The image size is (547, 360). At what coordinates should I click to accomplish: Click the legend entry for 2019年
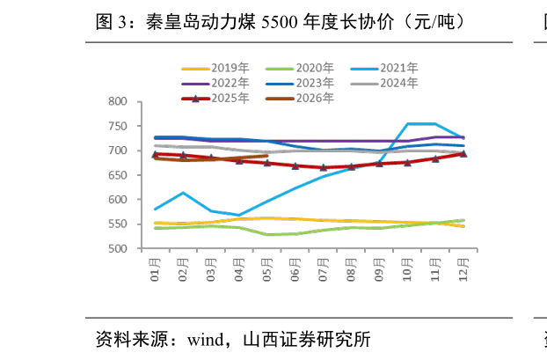[x=215, y=68]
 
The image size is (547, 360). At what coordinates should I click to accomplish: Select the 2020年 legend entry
[x=300, y=68]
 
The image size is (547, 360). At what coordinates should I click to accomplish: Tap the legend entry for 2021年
[x=384, y=68]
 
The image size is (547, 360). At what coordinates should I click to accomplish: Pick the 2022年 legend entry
[x=215, y=83]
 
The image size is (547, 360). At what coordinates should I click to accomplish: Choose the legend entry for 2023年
[x=300, y=83]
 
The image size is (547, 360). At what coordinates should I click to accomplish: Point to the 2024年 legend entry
[x=384, y=83]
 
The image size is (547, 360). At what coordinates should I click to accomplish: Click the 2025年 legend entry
[x=215, y=99]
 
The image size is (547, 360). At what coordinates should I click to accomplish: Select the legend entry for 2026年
[x=300, y=99]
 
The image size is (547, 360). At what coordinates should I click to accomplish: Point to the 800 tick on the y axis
[x=118, y=101]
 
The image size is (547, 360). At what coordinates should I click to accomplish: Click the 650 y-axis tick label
[x=118, y=175]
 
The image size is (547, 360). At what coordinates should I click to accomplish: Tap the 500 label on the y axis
[x=118, y=248]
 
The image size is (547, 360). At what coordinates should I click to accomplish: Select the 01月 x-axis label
[x=155, y=270]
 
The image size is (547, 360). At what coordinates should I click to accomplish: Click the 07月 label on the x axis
[x=323, y=270]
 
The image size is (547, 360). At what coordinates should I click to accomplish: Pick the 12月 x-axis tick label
[x=463, y=270]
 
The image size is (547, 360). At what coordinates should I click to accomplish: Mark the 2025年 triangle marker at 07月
[x=324, y=167]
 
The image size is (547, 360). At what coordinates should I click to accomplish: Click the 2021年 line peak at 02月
[x=183, y=193]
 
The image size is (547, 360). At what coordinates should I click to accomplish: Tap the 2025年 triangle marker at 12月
[x=463, y=154]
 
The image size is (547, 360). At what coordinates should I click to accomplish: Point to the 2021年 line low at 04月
[x=239, y=216]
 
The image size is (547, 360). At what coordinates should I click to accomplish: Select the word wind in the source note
[x=206, y=340]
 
